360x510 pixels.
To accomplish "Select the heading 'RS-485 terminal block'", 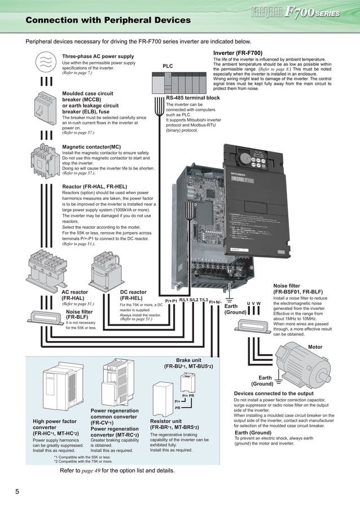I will point(192,98).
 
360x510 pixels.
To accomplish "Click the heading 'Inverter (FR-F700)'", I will point(238,53).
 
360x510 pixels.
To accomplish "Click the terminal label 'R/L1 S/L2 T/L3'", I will point(194,300).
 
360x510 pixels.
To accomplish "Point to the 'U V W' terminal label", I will point(254,304).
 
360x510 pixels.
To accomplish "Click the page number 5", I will point(18,491).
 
